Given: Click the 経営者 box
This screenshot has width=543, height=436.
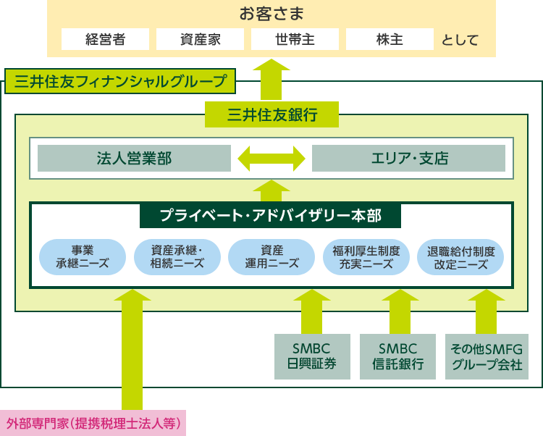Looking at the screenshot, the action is click(105, 39).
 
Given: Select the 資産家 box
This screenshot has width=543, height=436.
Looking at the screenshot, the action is click(200, 39).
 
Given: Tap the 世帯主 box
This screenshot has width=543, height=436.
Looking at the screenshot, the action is click(295, 39).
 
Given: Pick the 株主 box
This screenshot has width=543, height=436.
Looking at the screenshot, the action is click(390, 39).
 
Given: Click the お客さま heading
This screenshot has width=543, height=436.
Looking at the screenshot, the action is click(271, 14).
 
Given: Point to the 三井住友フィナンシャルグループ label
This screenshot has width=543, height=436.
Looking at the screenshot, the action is click(120, 81).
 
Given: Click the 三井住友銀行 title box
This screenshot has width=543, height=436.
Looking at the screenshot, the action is click(271, 114).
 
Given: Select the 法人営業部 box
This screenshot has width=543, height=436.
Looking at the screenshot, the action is click(135, 159).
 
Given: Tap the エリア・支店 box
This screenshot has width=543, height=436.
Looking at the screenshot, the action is click(408, 159).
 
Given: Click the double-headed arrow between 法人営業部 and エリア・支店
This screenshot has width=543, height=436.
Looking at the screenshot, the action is click(271, 159).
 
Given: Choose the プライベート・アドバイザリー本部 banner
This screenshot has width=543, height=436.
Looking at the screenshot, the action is click(271, 215).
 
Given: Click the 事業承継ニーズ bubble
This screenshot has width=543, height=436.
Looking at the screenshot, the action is click(83, 257).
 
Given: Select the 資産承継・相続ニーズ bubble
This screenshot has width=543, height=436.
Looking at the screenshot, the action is click(177, 257).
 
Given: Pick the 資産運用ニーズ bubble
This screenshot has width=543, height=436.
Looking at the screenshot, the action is click(271, 257).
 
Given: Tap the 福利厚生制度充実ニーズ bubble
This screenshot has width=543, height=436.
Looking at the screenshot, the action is click(366, 257).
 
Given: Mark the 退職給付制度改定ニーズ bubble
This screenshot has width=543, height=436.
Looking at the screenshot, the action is click(460, 257).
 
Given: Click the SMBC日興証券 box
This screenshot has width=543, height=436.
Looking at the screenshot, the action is click(312, 356).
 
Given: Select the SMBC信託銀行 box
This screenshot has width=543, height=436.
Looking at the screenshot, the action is click(398, 356).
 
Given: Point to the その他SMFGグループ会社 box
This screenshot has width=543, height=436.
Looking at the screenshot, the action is click(487, 356).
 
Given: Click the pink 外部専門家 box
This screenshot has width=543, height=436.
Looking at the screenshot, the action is click(93, 423).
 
